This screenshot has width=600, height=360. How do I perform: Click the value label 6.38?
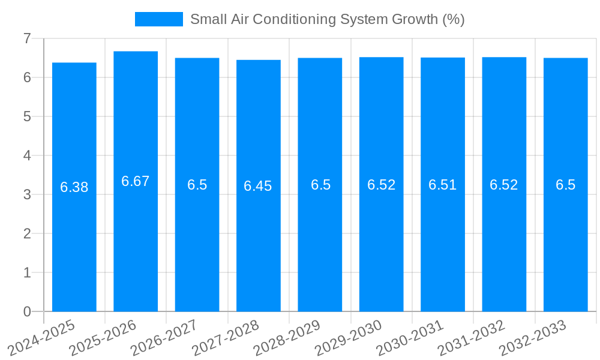[74, 187]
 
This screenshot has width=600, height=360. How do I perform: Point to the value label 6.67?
[136, 181]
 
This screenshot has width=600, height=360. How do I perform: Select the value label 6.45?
[258, 186]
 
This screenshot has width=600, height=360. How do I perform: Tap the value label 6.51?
[443, 185]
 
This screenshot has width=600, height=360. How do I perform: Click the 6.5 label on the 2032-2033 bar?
[565, 185]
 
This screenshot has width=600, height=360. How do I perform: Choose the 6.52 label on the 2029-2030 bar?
[382, 185]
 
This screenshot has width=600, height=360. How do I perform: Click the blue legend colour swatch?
[158, 19]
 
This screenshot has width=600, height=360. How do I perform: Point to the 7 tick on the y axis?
[27, 38]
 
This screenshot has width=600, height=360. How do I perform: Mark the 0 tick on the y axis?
[27, 311]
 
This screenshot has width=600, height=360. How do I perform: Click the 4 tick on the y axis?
[27, 155]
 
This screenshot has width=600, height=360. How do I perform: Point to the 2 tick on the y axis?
[27, 233]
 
